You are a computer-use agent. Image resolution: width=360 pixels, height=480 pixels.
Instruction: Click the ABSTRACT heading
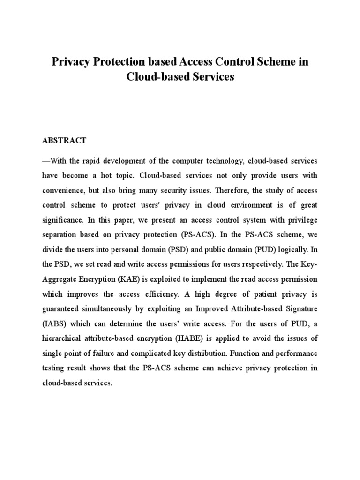[64, 140]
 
